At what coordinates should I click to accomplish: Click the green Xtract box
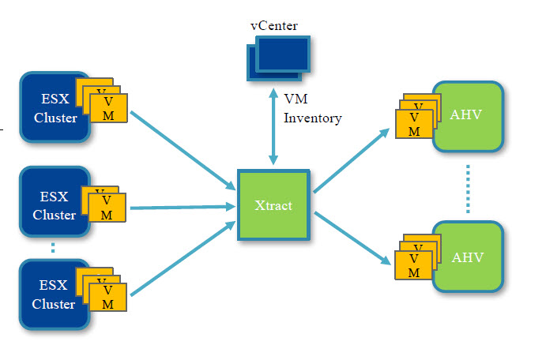coord(274,205)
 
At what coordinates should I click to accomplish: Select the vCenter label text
coord(274,26)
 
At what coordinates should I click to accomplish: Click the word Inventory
coord(312,118)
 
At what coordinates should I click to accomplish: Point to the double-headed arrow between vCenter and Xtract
coord(273,127)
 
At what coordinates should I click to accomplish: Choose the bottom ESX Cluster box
coord(47,293)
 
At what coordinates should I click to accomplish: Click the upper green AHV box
coord(468,115)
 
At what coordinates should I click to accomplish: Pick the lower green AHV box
coord(468,257)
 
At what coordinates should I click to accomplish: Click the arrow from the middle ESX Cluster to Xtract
coord(182,208)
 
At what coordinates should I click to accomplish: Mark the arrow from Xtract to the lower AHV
coord(352,237)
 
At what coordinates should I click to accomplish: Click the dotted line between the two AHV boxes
coord(468,187)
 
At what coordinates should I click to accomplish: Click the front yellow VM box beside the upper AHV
coord(414,124)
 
